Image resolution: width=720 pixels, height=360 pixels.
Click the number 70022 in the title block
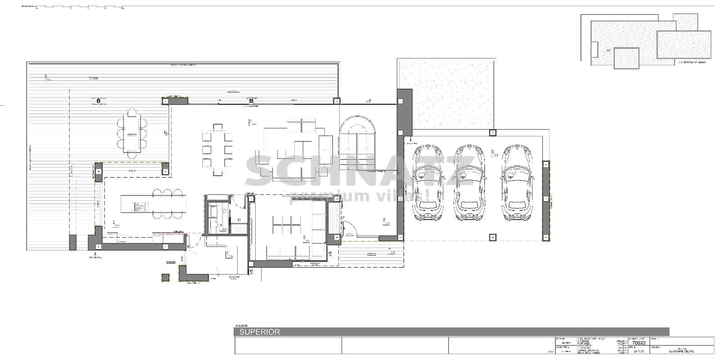639,342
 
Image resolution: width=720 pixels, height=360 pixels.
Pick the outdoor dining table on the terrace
132,134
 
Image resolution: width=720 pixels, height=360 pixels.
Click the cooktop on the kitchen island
140,207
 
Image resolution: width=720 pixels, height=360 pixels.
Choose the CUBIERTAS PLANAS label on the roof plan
692,63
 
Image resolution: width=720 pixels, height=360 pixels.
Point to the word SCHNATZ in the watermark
359,171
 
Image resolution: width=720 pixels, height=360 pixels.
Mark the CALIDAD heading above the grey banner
241,326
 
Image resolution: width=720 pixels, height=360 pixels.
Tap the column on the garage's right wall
546,201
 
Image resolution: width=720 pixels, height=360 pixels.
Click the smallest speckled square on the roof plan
685,22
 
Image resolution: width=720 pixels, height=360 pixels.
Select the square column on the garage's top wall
493,133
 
